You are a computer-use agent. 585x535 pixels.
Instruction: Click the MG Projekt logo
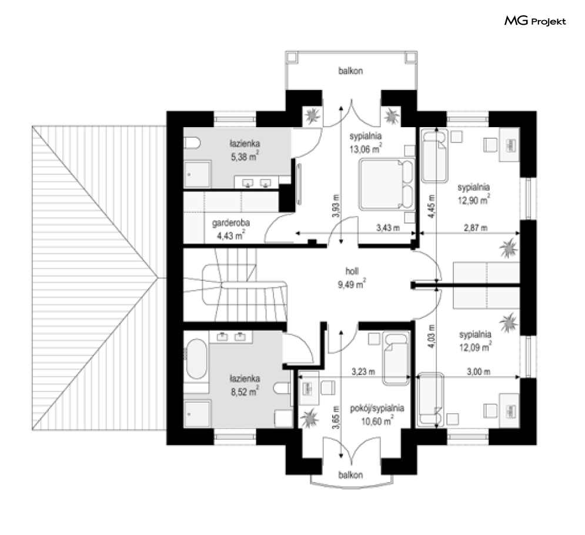[535, 21]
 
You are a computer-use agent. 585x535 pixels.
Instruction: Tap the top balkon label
[350, 71]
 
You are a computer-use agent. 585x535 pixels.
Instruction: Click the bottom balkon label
[350, 475]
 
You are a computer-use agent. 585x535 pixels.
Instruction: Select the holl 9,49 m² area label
[352, 278]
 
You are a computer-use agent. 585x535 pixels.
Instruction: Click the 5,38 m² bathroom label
[245, 150]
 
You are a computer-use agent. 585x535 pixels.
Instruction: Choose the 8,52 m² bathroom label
[245, 385]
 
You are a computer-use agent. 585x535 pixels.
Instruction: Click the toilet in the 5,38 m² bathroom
[192, 142]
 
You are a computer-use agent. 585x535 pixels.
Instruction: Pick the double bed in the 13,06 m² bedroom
[387, 184]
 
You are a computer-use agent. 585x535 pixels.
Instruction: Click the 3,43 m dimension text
[388, 228]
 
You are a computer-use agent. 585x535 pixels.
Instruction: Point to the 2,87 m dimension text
[476, 228]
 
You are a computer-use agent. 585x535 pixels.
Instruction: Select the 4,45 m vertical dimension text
[432, 207]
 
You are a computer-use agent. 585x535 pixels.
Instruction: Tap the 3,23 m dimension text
[363, 372]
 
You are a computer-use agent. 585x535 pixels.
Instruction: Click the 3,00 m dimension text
[479, 372]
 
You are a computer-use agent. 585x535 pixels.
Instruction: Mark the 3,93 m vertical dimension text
[336, 206]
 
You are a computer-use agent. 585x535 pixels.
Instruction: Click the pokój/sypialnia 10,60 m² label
[377, 415]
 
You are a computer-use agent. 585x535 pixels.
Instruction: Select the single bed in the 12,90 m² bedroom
[434, 156]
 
